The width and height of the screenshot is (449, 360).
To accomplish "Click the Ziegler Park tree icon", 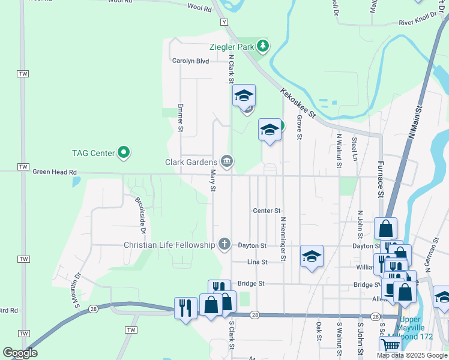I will [262, 46].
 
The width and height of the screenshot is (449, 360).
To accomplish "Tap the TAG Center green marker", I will [124, 153].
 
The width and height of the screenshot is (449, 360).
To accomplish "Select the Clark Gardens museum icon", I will [227, 161].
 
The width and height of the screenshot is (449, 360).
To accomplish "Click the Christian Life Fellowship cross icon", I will [224, 244].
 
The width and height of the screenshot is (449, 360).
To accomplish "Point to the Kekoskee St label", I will [297, 104].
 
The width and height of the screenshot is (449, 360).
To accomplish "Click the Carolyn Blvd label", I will [190, 61].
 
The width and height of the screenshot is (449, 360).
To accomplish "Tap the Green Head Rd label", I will [55, 172].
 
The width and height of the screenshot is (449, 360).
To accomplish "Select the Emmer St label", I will [180, 118].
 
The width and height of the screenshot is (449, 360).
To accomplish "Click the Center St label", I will [267, 211].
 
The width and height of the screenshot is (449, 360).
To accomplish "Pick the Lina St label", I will [256, 262].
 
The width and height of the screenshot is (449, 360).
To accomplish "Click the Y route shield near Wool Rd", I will [224, 22].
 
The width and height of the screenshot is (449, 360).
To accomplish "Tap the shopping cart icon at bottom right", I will [391, 345].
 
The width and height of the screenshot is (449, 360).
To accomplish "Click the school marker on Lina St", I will [312, 257].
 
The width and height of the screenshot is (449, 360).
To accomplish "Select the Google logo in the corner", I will [20, 353].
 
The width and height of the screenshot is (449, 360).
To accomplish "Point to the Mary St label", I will [212, 181].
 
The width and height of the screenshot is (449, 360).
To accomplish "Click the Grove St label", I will [298, 127].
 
